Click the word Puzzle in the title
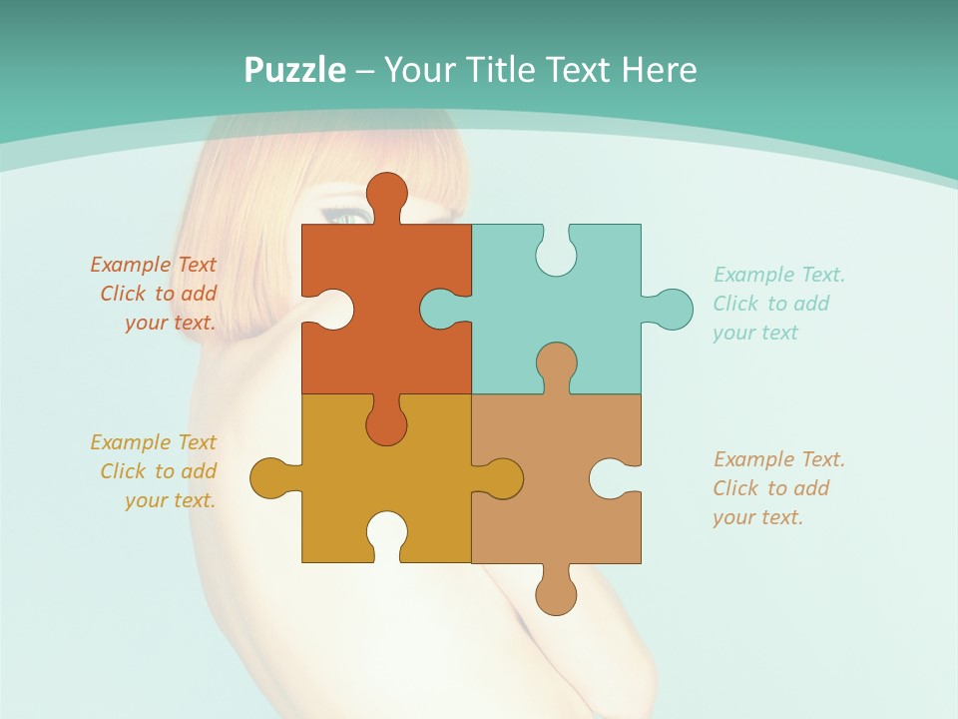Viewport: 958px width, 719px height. (x=295, y=70)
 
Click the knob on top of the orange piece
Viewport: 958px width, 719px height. (x=386, y=193)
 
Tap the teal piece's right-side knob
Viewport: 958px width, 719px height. (x=672, y=310)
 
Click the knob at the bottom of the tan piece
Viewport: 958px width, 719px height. (x=556, y=593)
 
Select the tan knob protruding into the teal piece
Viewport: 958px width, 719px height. (x=556, y=363)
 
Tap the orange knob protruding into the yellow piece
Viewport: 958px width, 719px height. (x=386, y=423)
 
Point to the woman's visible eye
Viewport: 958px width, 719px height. (x=345, y=215)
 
